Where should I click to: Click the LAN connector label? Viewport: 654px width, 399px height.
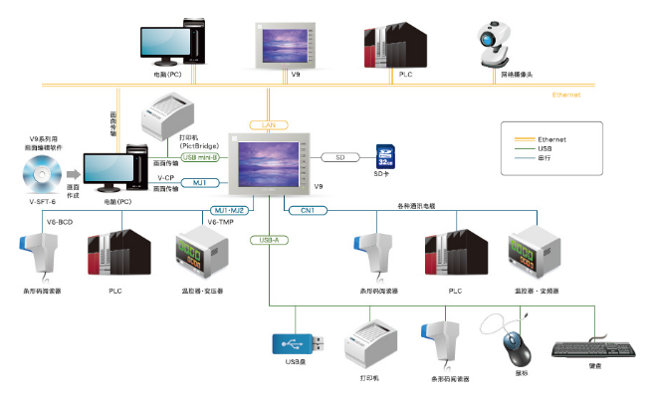[x=269, y=124]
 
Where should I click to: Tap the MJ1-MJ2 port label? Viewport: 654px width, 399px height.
[x=230, y=210]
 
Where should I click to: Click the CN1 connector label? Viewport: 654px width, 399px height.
[x=308, y=210]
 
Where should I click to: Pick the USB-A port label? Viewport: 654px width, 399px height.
[x=269, y=240]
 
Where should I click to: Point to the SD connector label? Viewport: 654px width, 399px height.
[x=339, y=156]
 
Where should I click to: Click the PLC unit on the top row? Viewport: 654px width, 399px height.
[x=396, y=42]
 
